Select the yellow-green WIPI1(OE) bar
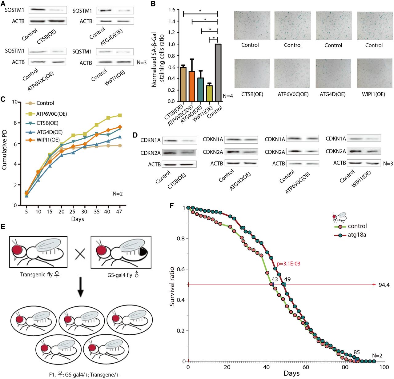tap(209, 93)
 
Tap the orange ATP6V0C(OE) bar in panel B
tap(192, 86)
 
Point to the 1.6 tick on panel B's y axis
tap(172, 10)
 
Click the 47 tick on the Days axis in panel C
tap(119, 212)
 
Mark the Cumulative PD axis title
tap(4, 150)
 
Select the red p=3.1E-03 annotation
tap(288, 264)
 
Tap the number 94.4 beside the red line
tap(384, 285)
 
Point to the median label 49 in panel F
tap(287, 279)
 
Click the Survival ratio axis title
tap(172, 286)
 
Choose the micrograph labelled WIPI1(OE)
tap(374, 73)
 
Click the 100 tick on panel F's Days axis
tap(384, 367)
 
